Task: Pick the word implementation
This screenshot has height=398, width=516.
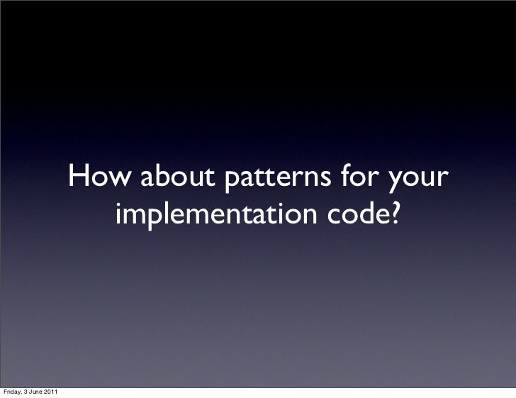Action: [216, 214]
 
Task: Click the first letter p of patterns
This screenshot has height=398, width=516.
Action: [232, 182]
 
